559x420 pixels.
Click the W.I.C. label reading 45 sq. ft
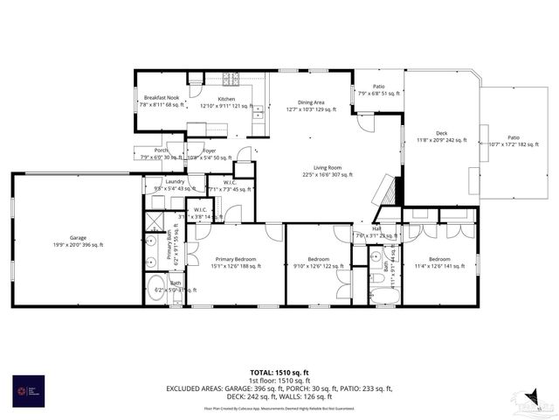[219, 185]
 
